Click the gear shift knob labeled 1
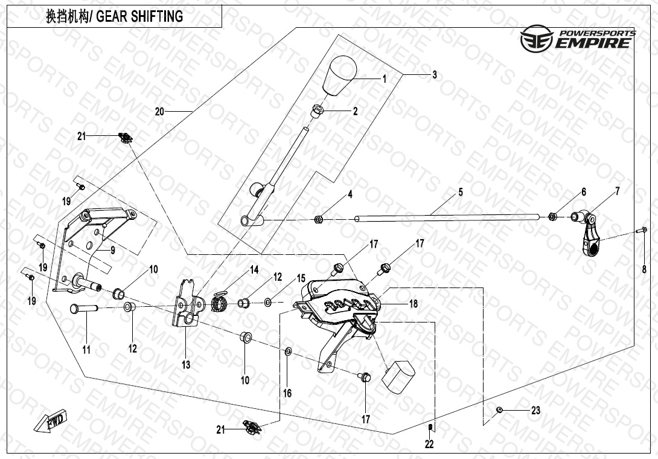click(338, 75)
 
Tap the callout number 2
click(355, 111)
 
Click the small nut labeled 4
click(318, 219)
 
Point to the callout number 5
click(460, 192)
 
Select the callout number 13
click(186, 365)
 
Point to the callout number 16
click(287, 393)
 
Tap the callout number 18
click(413, 304)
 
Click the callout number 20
click(159, 112)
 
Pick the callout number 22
click(429, 445)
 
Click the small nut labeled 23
click(500, 411)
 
